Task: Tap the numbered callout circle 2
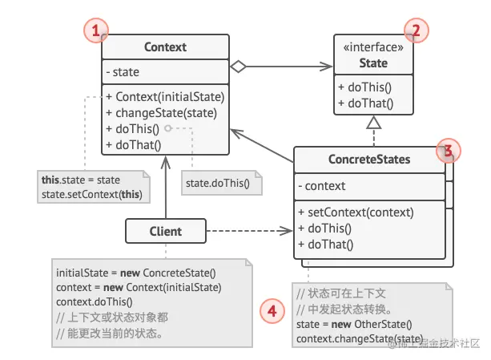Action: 416,32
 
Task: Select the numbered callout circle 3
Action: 449,150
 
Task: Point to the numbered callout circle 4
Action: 273,309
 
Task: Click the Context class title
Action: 165,47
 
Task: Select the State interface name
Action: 373,63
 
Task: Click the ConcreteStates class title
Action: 368,160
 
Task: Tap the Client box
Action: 164,232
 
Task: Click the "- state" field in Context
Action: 123,72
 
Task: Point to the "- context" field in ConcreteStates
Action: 321,186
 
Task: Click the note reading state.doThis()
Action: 218,183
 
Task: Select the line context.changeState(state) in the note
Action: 348,340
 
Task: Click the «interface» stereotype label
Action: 373,47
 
